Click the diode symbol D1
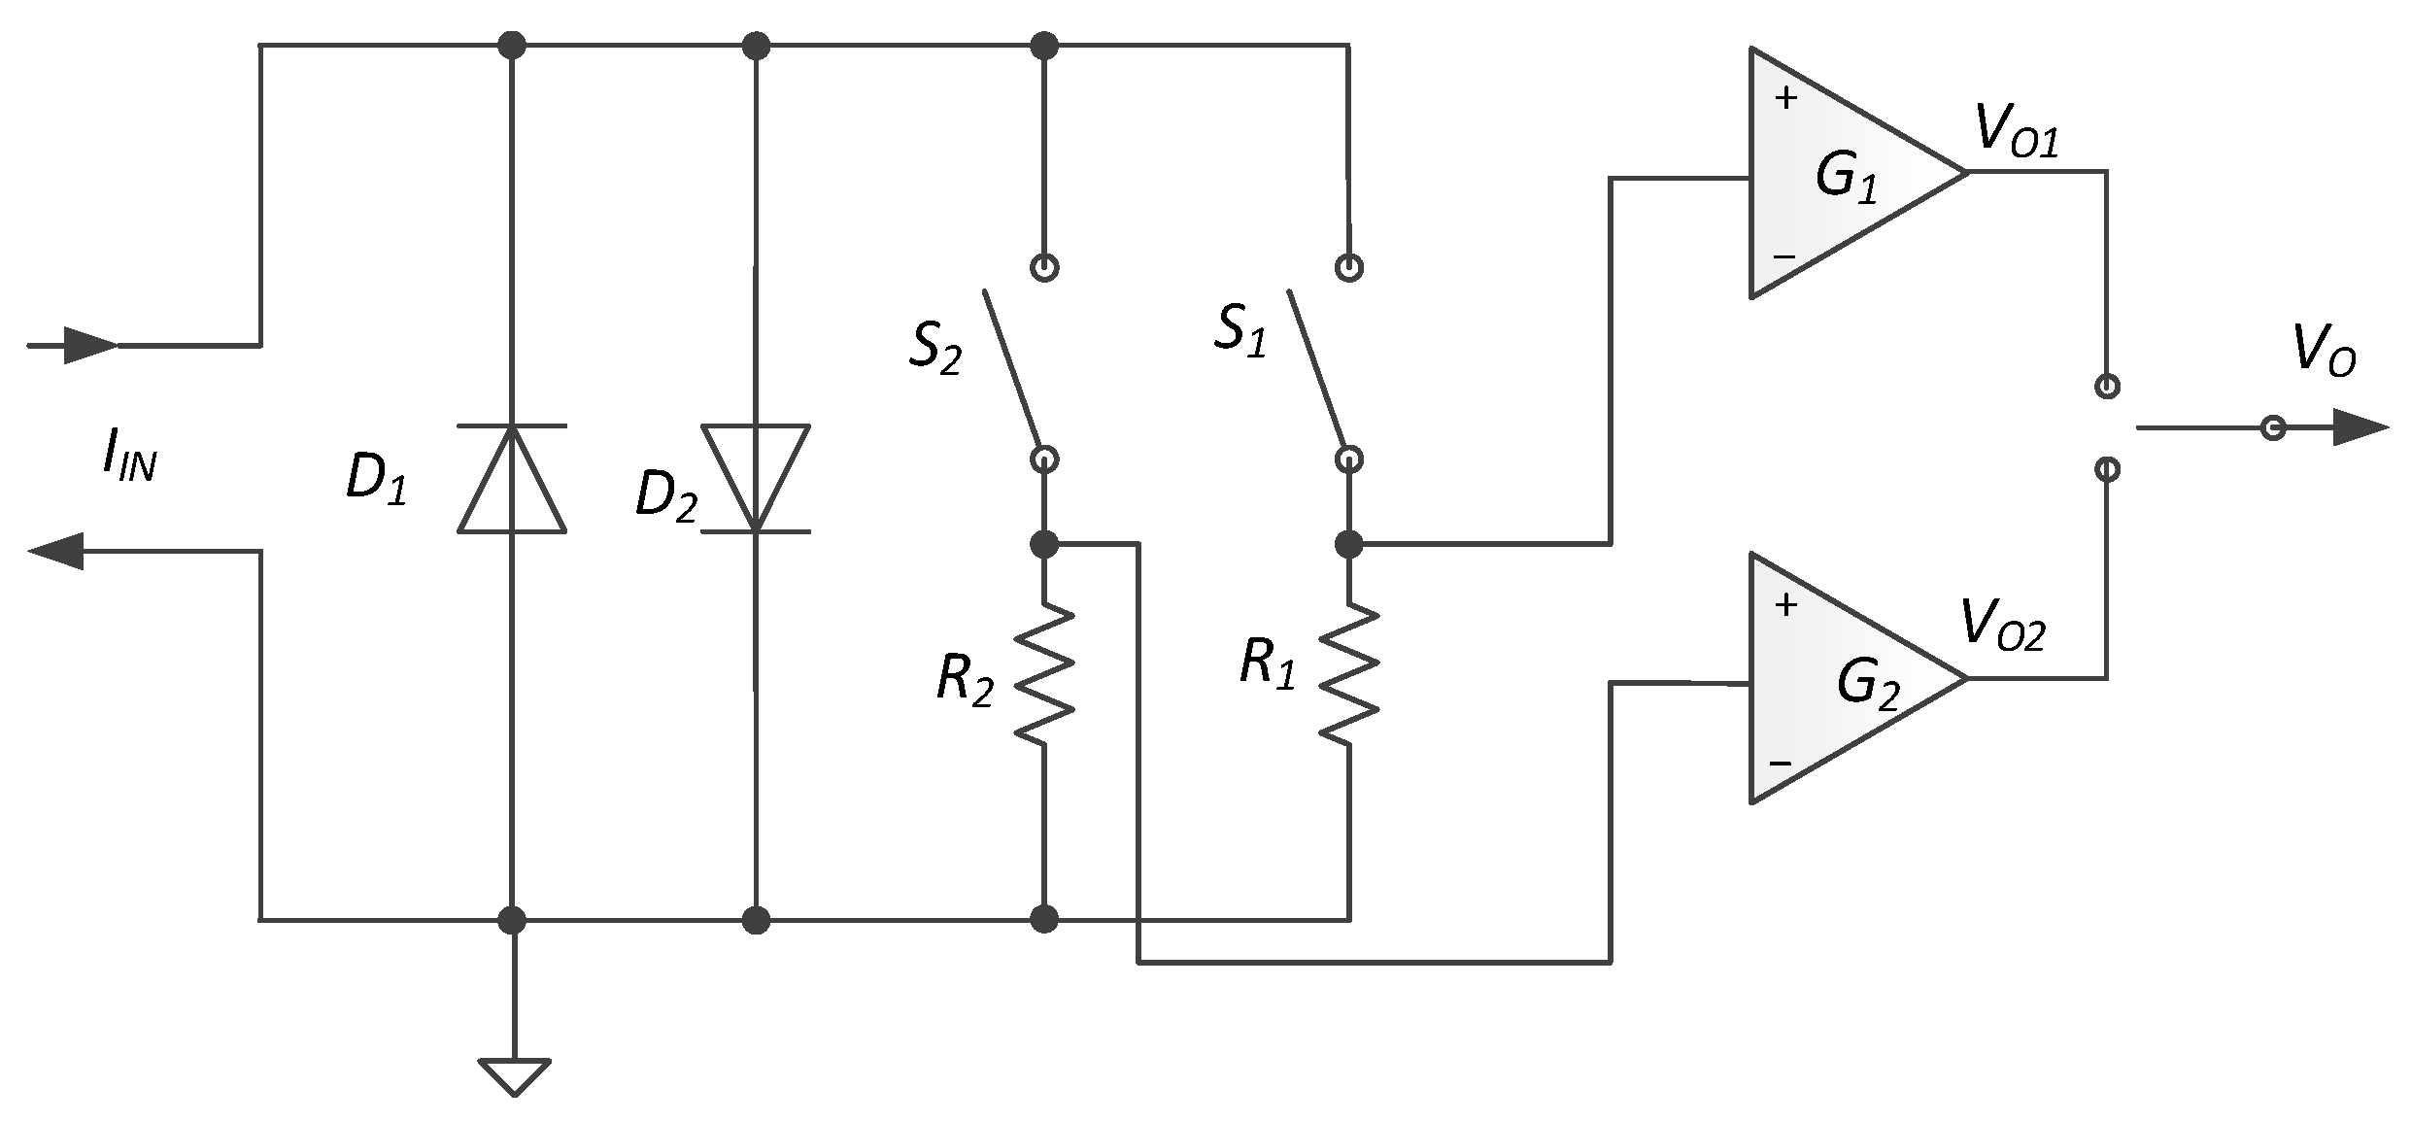click(x=512, y=479)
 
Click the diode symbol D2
click(x=756, y=479)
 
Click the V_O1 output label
click(x=2016, y=133)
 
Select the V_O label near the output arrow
click(x=2324, y=350)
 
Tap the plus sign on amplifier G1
click(x=1785, y=98)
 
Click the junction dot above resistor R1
click(x=1348, y=545)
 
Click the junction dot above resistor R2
click(x=1044, y=545)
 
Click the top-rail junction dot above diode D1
click(x=512, y=45)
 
